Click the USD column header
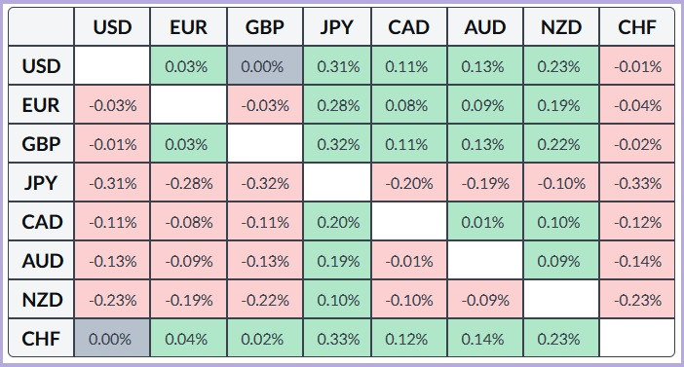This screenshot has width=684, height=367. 112,27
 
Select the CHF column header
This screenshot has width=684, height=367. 637,27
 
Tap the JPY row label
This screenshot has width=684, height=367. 42,183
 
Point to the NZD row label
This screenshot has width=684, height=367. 42,300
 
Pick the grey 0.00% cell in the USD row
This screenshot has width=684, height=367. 263,66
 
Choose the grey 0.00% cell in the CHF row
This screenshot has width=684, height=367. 112,339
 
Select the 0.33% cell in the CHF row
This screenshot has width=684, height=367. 337,339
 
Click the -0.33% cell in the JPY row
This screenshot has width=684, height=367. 637,183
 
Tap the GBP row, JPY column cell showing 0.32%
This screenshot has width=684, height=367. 337,144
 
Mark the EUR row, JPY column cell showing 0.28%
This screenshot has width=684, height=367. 337,105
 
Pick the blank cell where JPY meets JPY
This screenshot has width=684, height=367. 337,183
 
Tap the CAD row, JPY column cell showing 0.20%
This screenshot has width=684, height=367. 337,222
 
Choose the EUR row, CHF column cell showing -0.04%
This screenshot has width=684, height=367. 637,105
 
